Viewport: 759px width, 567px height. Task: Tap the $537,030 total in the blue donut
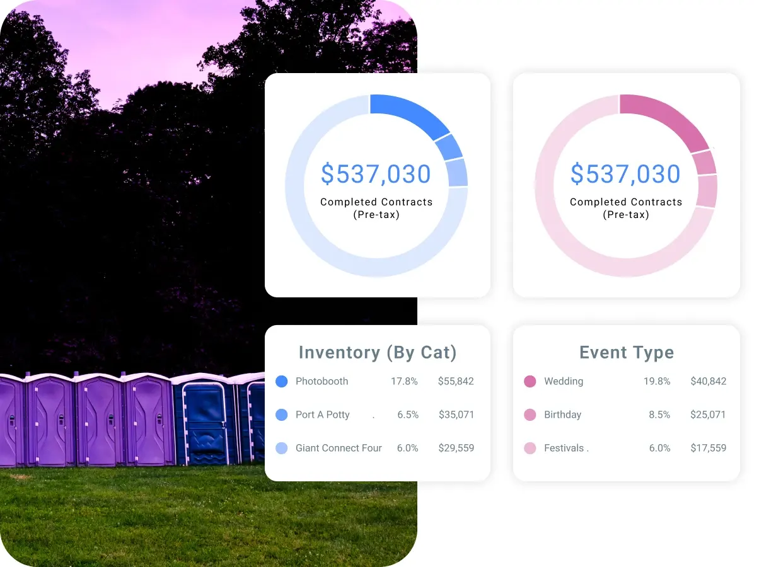(x=376, y=173)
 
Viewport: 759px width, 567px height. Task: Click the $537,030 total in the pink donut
(x=625, y=173)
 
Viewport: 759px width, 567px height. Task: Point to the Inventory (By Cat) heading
(x=378, y=352)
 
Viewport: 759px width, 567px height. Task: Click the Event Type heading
(x=627, y=352)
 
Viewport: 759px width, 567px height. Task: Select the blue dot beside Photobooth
(x=281, y=381)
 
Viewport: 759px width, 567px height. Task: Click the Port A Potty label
(x=323, y=415)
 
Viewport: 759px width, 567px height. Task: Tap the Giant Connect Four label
(x=339, y=448)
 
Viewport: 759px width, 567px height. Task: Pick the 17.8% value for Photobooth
(x=404, y=381)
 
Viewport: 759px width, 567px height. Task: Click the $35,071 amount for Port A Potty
(x=456, y=415)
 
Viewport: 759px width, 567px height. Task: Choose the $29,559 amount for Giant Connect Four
(x=456, y=448)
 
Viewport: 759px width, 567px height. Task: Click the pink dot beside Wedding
(x=530, y=381)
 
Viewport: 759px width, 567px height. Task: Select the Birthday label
(x=562, y=415)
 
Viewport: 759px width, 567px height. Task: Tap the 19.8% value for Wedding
(x=657, y=381)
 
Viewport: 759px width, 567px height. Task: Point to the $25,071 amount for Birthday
(x=708, y=415)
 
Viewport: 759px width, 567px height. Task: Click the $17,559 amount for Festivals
(x=708, y=448)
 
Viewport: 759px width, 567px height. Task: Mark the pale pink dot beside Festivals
(x=530, y=448)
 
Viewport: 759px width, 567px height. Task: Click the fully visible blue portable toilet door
(x=205, y=423)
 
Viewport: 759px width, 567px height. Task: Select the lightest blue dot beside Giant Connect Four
(x=281, y=448)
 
